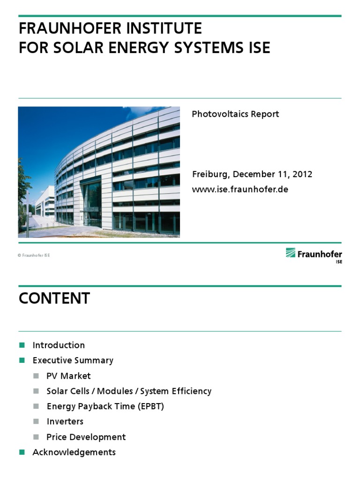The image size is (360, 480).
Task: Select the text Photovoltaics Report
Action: (x=235, y=114)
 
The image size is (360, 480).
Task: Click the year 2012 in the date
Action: (x=302, y=174)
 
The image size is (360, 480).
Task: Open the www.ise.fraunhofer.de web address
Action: (x=240, y=189)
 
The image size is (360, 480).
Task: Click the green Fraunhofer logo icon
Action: (x=291, y=253)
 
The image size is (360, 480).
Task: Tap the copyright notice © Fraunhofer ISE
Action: (x=34, y=255)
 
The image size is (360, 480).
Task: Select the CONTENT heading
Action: (x=54, y=299)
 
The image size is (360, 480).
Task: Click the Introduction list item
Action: (x=59, y=345)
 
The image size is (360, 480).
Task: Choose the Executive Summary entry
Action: (x=73, y=360)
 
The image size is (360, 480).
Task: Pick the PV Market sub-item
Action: (x=68, y=376)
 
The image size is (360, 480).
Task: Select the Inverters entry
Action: (x=65, y=421)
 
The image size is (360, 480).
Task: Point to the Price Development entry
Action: (x=86, y=437)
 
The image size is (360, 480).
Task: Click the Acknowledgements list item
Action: (x=74, y=452)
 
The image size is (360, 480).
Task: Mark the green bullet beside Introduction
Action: (x=22, y=345)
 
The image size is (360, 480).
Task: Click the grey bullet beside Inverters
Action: (x=36, y=421)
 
